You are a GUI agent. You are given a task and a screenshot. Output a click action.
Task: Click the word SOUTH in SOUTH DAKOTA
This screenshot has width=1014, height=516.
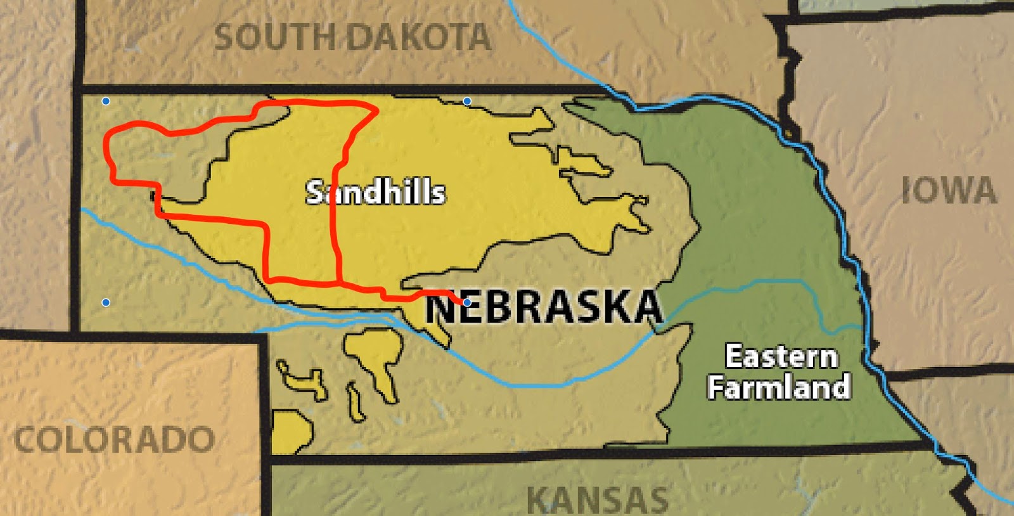(275, 37)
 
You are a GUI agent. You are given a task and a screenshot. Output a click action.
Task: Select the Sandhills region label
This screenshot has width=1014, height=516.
(375, 192)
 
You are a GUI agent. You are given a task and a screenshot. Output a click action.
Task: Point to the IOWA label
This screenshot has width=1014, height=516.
(949, 191)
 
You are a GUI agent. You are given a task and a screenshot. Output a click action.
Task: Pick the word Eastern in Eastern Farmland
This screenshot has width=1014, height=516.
(781, 357)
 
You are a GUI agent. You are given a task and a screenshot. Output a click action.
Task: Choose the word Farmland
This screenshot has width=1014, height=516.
(779, 387)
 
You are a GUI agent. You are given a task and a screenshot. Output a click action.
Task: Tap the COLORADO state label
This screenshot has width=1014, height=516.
(114, 439)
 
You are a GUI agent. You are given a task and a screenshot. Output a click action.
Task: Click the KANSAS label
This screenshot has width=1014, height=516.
(597, 500)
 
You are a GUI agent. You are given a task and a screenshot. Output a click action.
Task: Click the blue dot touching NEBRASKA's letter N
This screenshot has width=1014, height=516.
(467, 302)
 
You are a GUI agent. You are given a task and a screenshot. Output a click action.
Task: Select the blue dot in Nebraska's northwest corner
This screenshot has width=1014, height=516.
(106, 101)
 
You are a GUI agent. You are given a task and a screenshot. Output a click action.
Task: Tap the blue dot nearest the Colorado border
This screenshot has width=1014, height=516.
(106, 302)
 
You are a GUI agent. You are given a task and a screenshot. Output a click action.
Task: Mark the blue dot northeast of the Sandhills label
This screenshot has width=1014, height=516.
(467, 101)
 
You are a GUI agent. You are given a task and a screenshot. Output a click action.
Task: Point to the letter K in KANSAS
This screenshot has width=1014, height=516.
(539, 500)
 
